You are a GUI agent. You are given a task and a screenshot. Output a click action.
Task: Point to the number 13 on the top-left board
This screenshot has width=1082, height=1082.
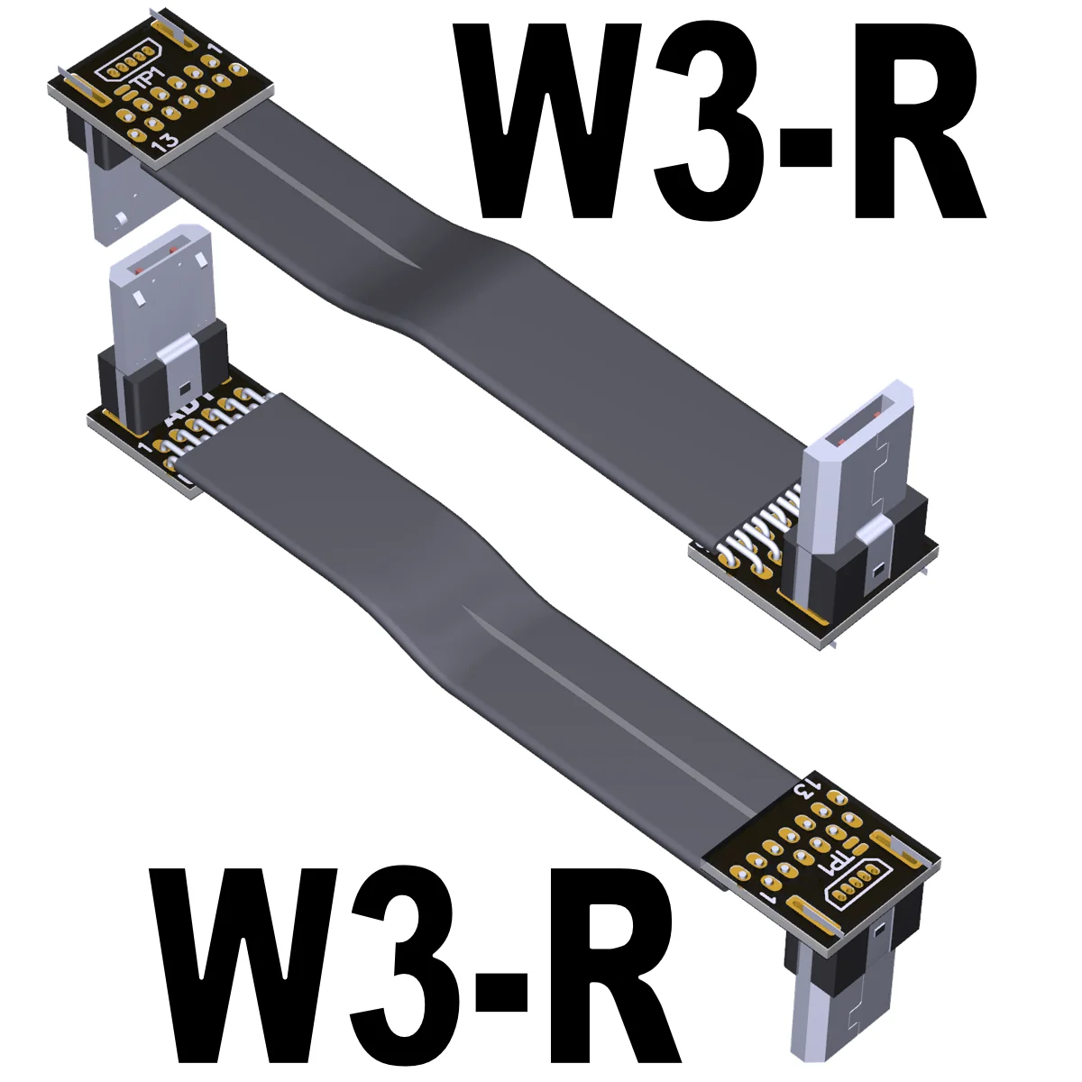164,142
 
